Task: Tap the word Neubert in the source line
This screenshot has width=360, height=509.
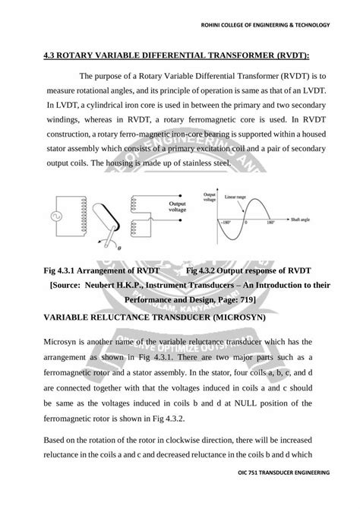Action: coord(116,285)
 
